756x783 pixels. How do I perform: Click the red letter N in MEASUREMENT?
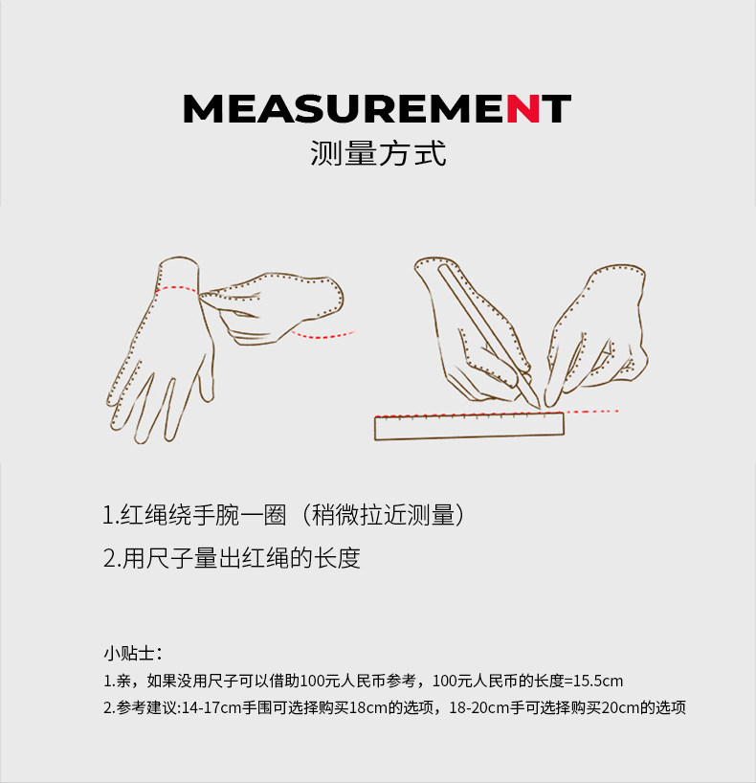[x=523, y=108]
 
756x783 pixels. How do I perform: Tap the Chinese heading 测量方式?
[x=378, y=153]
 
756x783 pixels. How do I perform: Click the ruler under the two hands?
[x=469, y=427]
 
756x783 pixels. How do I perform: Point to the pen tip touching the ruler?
[x=538, y=407]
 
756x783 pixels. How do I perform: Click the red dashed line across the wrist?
[x=176, y=289]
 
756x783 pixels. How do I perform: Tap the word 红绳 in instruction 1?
[x=144, y=515]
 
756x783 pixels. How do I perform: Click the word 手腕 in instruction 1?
[x=215, y=515]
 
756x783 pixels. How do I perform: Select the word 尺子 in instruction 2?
[x=169, y=558]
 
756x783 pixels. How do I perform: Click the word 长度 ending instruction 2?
[x=338, y=558]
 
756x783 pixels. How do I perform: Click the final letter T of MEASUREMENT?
[x=556, y=108]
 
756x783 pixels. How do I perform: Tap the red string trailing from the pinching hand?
[x=322, y=335]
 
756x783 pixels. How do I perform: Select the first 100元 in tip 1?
[x=317, y=681]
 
